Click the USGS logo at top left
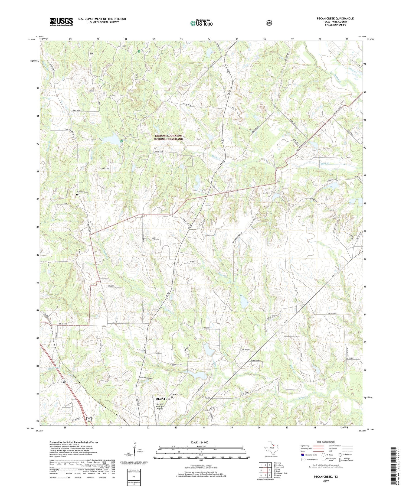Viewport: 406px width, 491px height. (61, 21)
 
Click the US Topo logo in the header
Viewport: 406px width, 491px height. (202, 23)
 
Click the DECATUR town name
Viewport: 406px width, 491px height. (163, 399)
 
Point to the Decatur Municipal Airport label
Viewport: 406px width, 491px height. (160, 407)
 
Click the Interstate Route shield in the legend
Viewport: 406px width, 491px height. (303, 455)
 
